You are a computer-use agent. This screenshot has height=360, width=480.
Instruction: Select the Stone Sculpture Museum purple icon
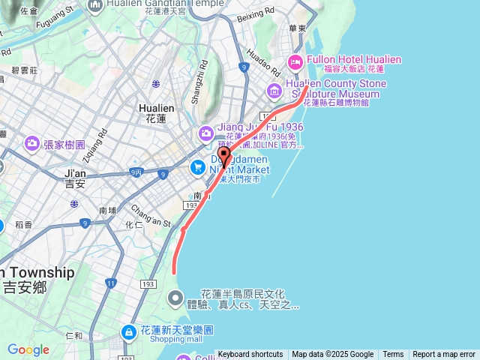click(x=274, y=91)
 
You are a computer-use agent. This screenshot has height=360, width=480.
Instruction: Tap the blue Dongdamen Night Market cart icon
click(x=198, y=166)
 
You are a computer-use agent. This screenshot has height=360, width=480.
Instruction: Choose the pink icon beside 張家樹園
click(x=31, y=142)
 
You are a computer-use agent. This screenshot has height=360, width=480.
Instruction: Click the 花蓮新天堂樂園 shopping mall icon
click(x=128, y=331)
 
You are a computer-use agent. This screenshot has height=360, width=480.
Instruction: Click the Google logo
click(x=28, y=349)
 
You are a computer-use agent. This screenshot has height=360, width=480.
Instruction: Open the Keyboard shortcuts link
click(x=250, y=355)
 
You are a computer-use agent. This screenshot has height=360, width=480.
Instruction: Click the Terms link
click(x=393, y=355)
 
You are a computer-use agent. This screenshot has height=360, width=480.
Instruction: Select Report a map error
click(x=444, y=355)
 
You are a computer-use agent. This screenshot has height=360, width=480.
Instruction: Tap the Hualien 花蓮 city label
click(x=157, y=112)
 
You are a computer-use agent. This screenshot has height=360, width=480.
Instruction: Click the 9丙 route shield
click(x=136, y=172)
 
